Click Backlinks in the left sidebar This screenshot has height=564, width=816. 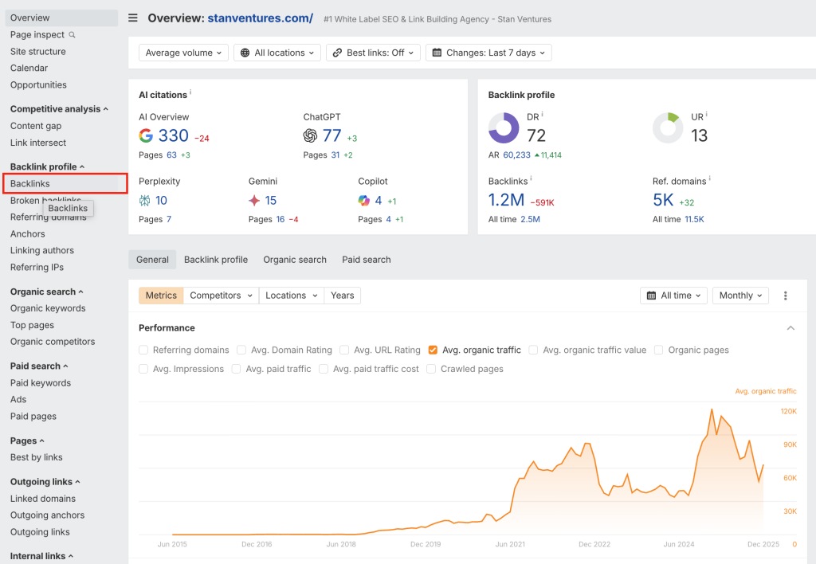[30, 184]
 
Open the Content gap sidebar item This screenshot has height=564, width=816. [36, 126]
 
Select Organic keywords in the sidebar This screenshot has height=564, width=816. [48, 308]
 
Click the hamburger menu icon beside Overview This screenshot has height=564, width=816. [133, 18]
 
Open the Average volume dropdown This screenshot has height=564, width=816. [183, 53]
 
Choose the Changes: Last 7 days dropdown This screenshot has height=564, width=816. [488, 53]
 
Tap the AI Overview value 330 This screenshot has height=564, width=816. [173, 136]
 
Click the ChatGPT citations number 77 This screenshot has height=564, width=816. [331, 136]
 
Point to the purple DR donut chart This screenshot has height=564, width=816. [504, 128]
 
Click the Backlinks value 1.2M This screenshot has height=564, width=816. [506, 201]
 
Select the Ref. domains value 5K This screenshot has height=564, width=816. [663, 201]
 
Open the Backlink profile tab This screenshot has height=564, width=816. [216, 260]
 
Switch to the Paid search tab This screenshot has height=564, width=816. [367, 260]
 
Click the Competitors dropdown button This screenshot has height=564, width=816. [222, 296]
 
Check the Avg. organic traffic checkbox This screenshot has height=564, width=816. [433, 350]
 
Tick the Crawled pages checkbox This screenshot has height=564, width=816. [431, 369]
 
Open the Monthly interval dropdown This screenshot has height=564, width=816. [740, 296]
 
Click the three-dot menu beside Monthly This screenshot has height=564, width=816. [786, 296]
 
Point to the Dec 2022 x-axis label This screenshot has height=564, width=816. [594, 544]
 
